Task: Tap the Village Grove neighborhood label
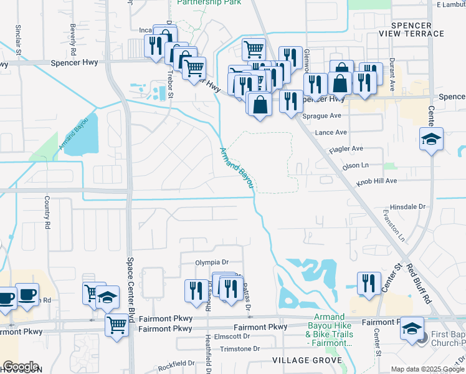coord(307,361)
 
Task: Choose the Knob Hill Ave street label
coord(376,181)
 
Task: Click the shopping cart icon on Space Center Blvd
coord(117,324)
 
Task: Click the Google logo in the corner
coord(21,367)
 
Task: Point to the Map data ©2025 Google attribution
coord(428,369)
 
